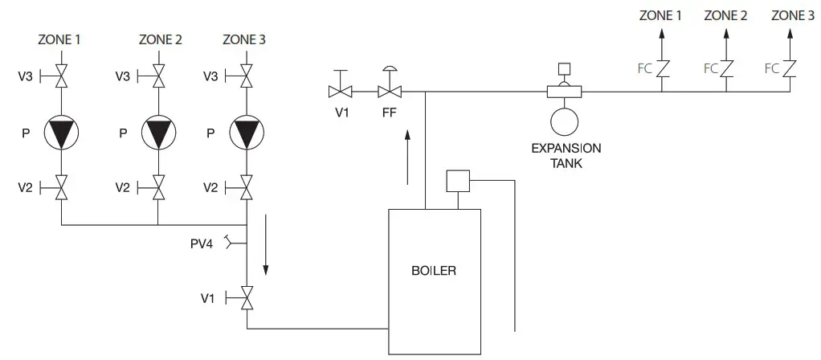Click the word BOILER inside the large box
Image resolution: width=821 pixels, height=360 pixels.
(433, 271)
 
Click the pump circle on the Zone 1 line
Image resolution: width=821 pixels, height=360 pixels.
(62, 132)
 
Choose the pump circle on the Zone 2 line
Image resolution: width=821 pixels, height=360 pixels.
(158, 132)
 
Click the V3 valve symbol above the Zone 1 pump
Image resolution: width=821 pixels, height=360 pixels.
(62, 76)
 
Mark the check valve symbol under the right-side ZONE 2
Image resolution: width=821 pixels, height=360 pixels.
(727, 69)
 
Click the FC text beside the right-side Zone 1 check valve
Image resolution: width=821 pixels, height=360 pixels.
(644, 69)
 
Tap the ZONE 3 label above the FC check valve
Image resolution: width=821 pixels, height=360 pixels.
(790, 15)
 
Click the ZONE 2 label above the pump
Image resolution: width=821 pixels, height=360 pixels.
(160, 39)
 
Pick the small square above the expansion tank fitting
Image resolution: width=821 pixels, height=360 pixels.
(564, 68)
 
